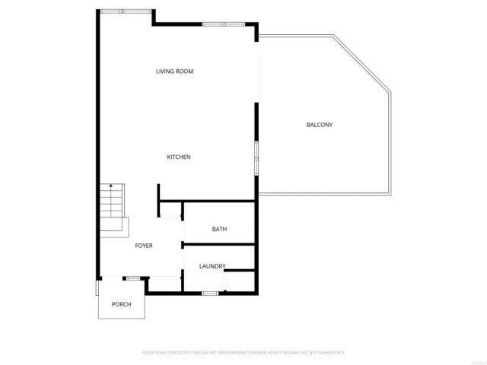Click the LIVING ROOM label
pos(174,71)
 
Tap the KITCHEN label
pos(179,157)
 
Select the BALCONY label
pos(319,125)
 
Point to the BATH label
pos(219,230)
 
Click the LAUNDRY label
pos(212,266)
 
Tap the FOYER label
pos(144,246)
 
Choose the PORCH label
pos(121,304)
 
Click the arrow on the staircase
pos(111,187)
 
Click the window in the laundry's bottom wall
pos(211,293)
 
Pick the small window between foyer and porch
pos(132,278)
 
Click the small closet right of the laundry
pos(240,281)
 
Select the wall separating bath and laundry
pos(219,245)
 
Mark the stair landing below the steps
pos(116,227)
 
